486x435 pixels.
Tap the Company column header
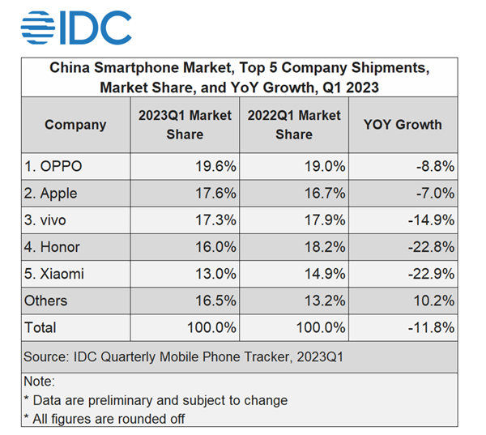point(75,125)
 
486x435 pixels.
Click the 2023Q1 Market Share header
point(185,125)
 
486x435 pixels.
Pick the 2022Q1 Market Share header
point(294,125)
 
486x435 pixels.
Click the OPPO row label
point(53,167)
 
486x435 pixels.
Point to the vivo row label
point(49,220)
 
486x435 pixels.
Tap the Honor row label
point(54,247)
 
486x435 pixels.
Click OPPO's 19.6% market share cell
point(215,167)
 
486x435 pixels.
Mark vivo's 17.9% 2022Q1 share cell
point(325,220)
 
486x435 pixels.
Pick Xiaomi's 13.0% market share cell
point(215,274)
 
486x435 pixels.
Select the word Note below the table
point(39,381)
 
